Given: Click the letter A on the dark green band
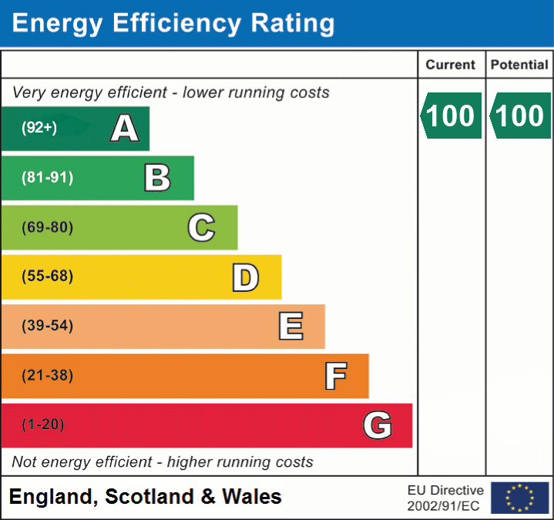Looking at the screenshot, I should [125, 129].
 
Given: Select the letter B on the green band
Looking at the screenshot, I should [157, 178].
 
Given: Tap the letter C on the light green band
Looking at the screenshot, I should [201, 227].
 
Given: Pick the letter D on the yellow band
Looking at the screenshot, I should [245, 277].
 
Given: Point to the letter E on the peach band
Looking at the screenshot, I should [290, 327].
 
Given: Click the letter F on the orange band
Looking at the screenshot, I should [335, 376].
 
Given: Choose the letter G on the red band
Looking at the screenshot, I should [378, 425].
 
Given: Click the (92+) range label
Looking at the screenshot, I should [39, 128].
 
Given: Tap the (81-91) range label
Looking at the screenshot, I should [48, 178].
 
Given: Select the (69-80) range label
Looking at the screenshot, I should [48, 227].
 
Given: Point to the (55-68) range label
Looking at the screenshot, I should [48, 277].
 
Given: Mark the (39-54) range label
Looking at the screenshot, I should [48, 326].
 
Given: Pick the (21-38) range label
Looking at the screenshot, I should [48, 376].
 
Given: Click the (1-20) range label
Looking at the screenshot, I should [43, 425].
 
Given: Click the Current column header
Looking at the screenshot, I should [451, 65].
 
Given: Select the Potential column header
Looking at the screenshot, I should [519, 65].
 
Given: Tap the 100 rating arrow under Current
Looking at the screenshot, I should [451, 116].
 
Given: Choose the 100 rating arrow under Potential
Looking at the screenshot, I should [519, 116].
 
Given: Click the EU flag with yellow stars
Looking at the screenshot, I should [519, 498].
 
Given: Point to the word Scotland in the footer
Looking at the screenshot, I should [149, 497].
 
